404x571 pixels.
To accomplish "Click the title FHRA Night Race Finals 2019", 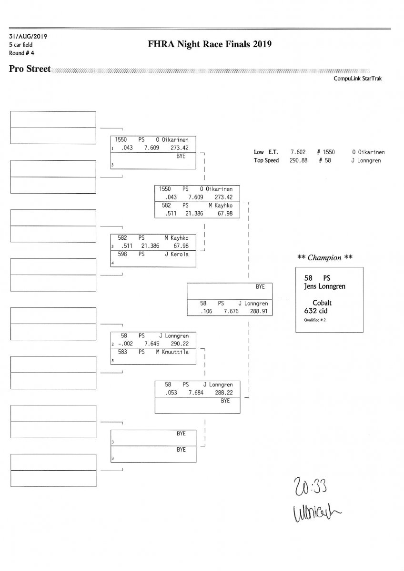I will pyautogui.click(x=210, y=45).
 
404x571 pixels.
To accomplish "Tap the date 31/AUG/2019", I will pyautogui.click(x=28, y=36).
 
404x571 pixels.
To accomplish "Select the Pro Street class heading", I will pyautogui.click(x=30, y=69).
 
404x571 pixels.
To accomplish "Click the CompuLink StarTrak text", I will pyautogui.click(x=358, y=79).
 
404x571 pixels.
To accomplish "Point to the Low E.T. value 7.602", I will pyautogui.click(x=298, y=152).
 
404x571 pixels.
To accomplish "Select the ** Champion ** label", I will pyautogui.click(x=325, y=258).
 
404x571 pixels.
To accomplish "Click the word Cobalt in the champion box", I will pyautogui.click(x=322, y=303).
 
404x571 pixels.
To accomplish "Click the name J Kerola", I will pyautogui.click(x=176, y=254).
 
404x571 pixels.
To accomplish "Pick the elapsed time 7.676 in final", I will pyautogui.click(x=230, y=311).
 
